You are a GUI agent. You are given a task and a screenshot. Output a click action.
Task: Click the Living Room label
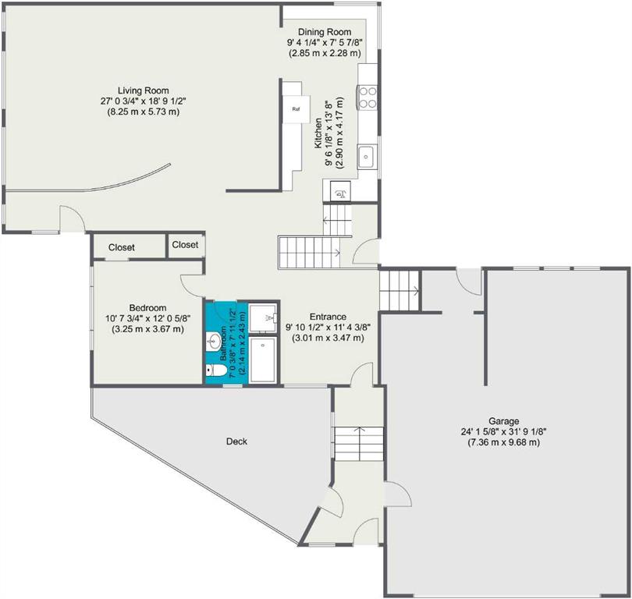143,90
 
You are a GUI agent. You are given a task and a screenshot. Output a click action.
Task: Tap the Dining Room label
325,32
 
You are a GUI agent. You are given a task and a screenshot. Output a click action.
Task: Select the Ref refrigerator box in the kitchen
296,109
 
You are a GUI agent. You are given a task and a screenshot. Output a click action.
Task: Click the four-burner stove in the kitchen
367,97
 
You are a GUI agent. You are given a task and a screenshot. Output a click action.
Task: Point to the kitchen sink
367,156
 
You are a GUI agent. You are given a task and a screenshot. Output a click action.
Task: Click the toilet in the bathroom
215,370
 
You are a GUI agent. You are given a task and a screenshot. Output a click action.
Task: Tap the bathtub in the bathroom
263,360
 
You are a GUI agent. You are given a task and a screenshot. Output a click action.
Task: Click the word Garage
503,421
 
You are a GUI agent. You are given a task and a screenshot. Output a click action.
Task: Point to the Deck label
236,441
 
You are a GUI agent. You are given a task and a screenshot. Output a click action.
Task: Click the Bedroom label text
147,308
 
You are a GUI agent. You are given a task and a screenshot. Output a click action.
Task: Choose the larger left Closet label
121,247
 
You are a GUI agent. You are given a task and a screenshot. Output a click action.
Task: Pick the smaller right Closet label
185,245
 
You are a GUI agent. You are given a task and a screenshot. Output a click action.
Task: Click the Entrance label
328,317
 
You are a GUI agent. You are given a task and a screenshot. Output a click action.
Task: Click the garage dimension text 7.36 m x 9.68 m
503,443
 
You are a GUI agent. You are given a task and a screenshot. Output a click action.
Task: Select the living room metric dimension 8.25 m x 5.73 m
143,112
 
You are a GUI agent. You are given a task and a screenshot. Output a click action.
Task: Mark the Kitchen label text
318,133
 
